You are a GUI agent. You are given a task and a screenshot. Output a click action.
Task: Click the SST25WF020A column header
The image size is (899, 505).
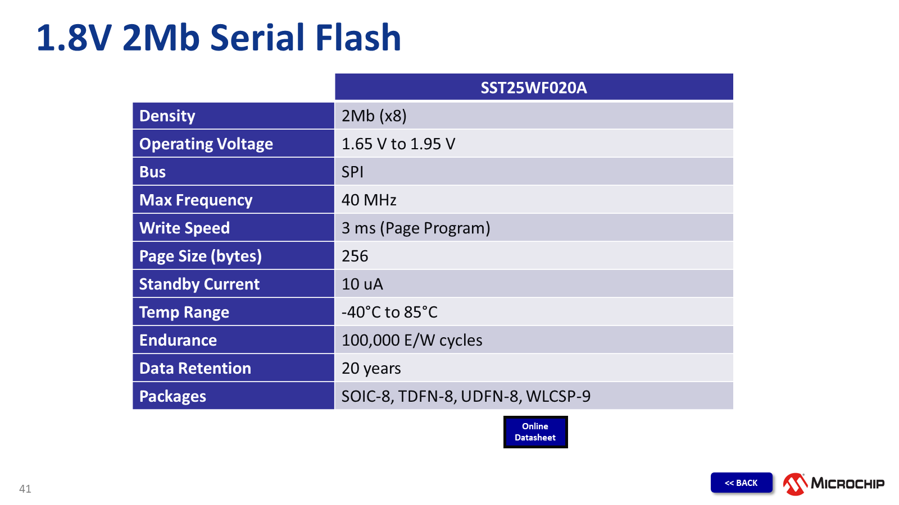(x=534, y=88)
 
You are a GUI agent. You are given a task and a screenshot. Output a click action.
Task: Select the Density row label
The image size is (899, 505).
(x=167, y=116)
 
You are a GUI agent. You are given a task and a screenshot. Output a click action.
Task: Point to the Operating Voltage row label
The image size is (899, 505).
(x=206, y=144)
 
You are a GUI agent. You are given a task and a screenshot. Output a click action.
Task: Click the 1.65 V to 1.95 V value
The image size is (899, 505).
(x=398, y=144)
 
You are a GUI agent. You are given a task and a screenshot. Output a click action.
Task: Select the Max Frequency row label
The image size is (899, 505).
(x=196, y=200)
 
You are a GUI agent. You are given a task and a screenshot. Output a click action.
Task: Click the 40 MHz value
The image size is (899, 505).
(x=369, y=200)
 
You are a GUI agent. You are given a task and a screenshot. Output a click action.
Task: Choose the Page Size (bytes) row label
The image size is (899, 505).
(x=200, y=256)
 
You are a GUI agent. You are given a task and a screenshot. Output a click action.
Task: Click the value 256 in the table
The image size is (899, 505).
(x=355, y=256)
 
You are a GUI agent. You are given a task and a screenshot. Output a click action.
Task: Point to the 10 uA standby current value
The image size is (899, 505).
(x=362, y=284)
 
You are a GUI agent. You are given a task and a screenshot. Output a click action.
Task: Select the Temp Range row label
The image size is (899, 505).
(x=184, y=312)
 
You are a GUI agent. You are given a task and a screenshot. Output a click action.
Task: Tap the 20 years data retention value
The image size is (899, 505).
(x=371, y=368)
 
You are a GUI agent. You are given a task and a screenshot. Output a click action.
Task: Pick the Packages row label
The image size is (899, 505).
(x=172, y=396)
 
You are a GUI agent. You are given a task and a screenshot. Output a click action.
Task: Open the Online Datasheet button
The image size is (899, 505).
(x=535, y=432)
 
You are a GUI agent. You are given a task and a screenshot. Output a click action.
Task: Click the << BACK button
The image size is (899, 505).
(x=741, y=483)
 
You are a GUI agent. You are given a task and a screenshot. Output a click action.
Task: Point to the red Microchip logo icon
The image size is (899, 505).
(x=795, y=484)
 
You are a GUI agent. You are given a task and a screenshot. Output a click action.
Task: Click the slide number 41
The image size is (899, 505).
(x=25, y=489)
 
